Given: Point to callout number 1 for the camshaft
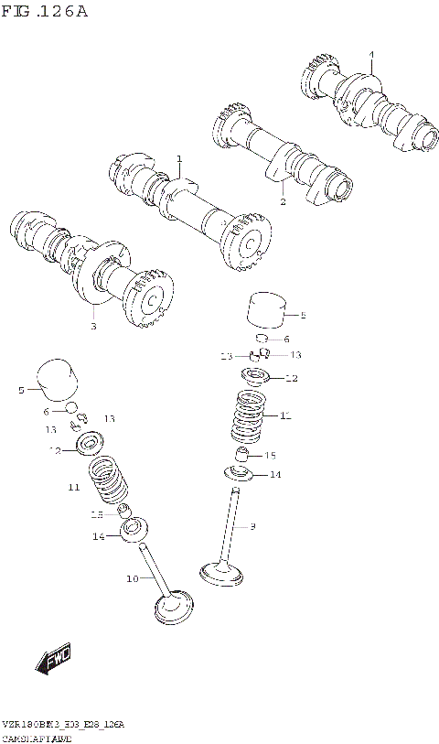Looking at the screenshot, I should coord(179,158).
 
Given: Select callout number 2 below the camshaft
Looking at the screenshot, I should coord(283,201).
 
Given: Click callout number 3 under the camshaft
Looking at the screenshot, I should coord(93,325).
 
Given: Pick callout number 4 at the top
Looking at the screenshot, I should coord(371,55).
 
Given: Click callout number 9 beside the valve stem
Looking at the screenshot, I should coord(252,526).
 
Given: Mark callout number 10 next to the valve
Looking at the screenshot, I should coord(131,578).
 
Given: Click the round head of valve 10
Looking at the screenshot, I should coord(176,606).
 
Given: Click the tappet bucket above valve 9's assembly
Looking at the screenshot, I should coord(267,310).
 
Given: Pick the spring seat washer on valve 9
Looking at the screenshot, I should coord(241,473).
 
